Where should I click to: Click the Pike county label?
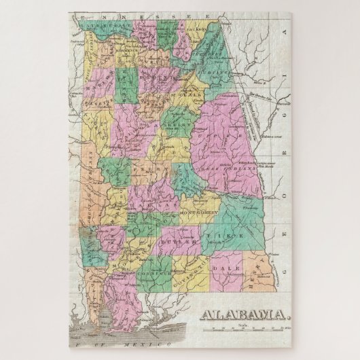[215, 236]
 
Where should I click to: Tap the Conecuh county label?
[151, 273]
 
